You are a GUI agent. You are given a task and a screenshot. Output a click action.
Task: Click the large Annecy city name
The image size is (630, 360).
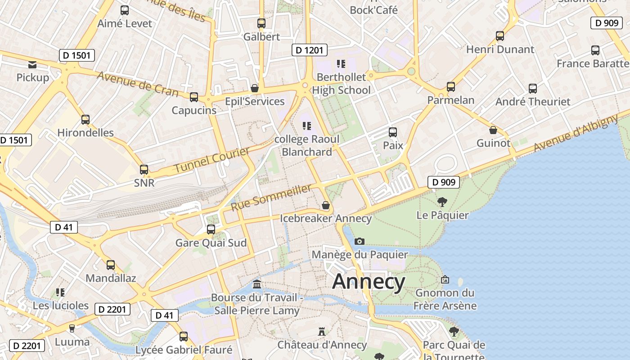point(369,282)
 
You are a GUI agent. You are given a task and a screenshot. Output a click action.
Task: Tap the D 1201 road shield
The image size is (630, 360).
point(309,50)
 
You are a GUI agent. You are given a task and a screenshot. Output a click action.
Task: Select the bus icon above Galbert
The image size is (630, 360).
point(261,23)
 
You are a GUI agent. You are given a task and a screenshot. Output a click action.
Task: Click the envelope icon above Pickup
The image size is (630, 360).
point(32,64)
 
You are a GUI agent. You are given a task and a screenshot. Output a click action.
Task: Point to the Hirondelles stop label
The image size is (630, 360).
point(85,133)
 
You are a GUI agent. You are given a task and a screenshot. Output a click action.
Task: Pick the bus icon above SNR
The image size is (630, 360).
point(144,170)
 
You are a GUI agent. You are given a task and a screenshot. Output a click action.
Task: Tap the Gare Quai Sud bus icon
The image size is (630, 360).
point(211,229)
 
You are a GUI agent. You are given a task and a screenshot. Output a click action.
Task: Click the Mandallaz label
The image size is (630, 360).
point(111,278)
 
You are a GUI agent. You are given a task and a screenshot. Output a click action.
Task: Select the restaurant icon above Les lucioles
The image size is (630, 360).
point(60,292)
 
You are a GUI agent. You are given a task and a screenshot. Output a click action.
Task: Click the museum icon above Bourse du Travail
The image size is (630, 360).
point(257,284)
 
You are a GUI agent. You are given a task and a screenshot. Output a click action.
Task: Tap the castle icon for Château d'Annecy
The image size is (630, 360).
point(322,332)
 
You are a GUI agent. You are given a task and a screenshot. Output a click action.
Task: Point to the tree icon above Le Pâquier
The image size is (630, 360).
point(442,202)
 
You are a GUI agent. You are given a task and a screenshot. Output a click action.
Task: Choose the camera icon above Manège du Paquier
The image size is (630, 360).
point(360,241)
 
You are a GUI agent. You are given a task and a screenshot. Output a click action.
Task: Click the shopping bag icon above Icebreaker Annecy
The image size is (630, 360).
point(326,205)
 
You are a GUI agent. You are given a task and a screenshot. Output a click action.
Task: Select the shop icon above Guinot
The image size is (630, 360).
point(493,130)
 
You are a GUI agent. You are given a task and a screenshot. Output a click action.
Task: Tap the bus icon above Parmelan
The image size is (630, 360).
point(451,87)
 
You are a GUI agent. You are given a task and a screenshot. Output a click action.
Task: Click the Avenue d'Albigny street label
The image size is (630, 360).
point(576,133)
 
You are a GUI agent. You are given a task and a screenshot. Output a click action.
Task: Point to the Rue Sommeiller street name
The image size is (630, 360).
point(271,198)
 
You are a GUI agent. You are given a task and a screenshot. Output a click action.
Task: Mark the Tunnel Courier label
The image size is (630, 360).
point(211,160)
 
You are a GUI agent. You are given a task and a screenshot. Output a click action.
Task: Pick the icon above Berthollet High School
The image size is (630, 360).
point(341,63)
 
